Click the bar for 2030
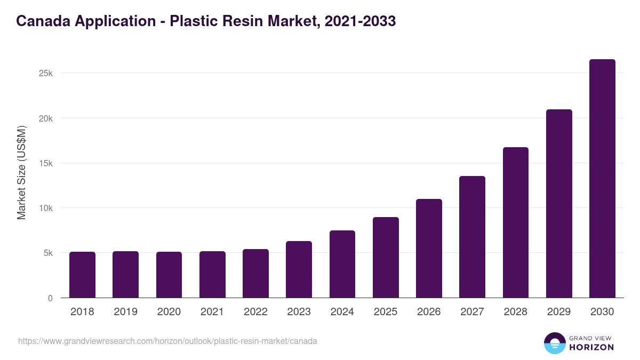pyautogui.click(x=602, y=179)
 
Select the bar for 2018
pyautogui.click(x=82, y=275)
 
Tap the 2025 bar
pyautogui.click(x=386, y=258)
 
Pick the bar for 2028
pyautogui.click(x=515, y=222)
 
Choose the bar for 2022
pyautogui.click(x=255, y=274)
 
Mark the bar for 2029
pyautogui.click(x=559, y=204)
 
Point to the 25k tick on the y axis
pyautogui.click(x=46, y=73)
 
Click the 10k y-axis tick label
pyautogui.click(x=46, y=208)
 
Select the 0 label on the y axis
pyautogui.click(x=50, y=298)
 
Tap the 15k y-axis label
pyautogui.click(x=46, y=163)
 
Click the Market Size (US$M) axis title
pyautogui.click(x=21, y=172)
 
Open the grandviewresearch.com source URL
pyautogui.click(x=167, y=341)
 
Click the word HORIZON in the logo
pyautogui.click(x=591, y=347)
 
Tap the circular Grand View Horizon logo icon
pyautogui.click(x=554, y=343)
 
